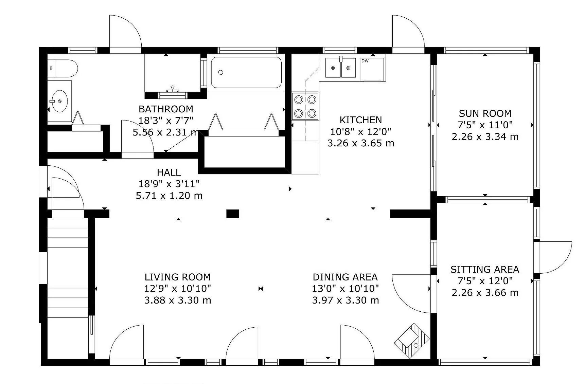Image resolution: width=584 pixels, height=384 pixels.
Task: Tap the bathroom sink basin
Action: (58, 101)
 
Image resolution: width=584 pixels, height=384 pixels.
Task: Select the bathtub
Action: (246, 72)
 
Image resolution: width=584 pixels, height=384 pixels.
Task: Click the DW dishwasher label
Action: (365, 61)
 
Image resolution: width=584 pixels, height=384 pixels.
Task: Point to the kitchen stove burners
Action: (305, 106)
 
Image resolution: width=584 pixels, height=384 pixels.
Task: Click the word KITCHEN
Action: (361, 120)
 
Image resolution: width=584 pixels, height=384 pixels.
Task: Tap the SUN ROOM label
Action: (485, 113)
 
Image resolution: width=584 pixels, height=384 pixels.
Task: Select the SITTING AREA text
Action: (485, 270)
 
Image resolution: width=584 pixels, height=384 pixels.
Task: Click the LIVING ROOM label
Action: (178, 277)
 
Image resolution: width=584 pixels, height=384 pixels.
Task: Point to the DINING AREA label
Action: (345, 277)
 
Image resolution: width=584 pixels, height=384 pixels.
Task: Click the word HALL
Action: (169, 172)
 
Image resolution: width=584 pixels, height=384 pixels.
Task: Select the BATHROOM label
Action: (166, 109)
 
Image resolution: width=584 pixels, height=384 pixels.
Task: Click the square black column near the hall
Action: (233, 214)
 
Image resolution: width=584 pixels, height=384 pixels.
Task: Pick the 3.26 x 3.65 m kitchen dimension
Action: (361, 143)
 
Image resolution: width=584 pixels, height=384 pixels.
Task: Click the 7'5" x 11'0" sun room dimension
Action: (485, 125)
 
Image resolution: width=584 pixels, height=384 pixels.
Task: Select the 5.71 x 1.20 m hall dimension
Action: (169, 196)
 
